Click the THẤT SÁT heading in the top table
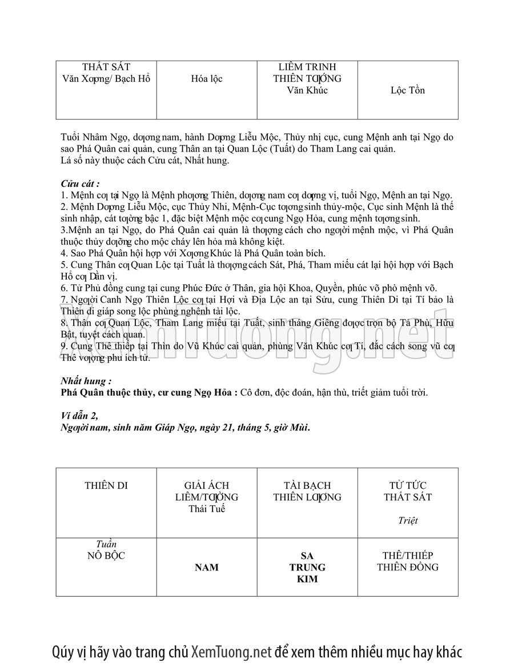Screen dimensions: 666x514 click(x=106, y=67)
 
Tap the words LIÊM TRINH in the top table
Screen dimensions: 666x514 click(x=307, y=67)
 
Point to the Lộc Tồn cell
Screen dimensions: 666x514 click(x=408, y=90)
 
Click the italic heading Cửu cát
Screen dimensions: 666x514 click(x=80, y=184)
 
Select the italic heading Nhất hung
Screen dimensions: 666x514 click(x=86, y=381)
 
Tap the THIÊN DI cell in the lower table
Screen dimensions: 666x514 click(x=106, y=486)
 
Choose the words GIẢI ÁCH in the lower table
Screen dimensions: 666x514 click(x=207, y=486)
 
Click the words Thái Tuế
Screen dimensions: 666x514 click(x=207, y=509)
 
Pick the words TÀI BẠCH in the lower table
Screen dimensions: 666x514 click(x=307, y=486)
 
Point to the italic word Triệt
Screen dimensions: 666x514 click(x=408, y=520)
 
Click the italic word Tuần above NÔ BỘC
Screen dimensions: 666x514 click(x=106, y=544)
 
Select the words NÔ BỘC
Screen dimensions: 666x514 click(x=106, y=555)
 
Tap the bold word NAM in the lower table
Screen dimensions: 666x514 click(x=207, y=567)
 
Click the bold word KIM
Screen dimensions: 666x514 click(x=307, y=579)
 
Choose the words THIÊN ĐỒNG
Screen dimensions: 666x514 click(x=408, y=567)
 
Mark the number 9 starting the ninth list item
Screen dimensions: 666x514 click(x=63, y=346)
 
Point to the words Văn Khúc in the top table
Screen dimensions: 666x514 click(x=307, y=90)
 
